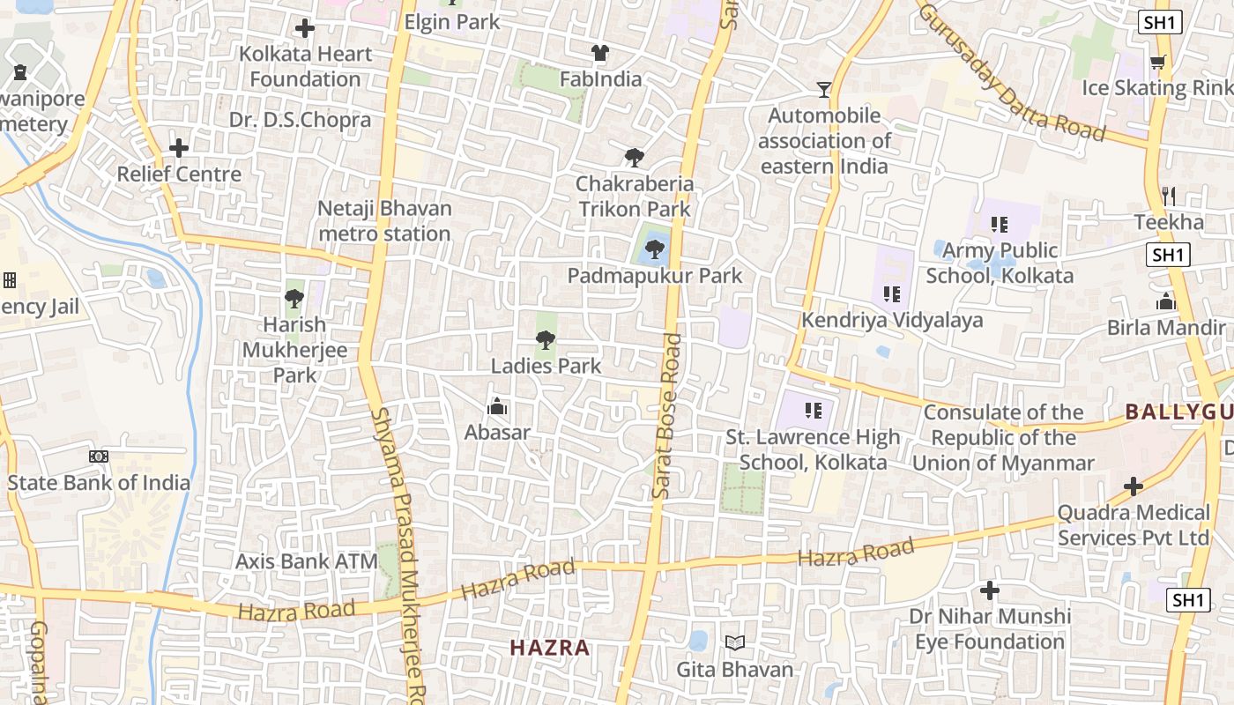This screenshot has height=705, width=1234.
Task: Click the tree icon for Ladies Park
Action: coord(546,339)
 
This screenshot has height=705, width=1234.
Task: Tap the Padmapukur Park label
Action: coord(654,276)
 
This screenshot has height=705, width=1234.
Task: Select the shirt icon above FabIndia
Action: coord(600,53)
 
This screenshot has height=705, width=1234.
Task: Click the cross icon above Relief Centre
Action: coord(179,148)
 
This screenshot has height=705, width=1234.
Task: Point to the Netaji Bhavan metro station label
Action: coord(385,221)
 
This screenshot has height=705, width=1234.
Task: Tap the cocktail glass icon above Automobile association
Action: coord(823,89)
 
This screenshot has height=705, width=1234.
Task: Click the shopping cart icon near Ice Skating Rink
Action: coord(1157,62)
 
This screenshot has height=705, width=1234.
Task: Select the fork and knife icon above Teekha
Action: coord(1169,196)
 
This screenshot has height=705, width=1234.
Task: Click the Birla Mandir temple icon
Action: coord(1166,302)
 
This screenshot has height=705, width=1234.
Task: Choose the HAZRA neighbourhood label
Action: coord(550,648)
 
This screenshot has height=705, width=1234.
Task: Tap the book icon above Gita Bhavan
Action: coord(735,643)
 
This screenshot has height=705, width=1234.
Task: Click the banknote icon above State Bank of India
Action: coord(99,456)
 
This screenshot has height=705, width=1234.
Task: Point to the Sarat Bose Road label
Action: coord(669,416)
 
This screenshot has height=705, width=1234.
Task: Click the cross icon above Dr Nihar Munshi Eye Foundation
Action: coord(990,590)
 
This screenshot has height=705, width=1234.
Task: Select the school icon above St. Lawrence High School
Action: coord(814,411)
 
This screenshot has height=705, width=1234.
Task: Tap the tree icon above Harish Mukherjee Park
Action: coord(294,299)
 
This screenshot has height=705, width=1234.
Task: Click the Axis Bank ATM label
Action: coord(306,561)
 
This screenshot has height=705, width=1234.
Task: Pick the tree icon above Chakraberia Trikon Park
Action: coord(634,159)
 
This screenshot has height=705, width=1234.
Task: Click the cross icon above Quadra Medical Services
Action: coord(1134,486)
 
